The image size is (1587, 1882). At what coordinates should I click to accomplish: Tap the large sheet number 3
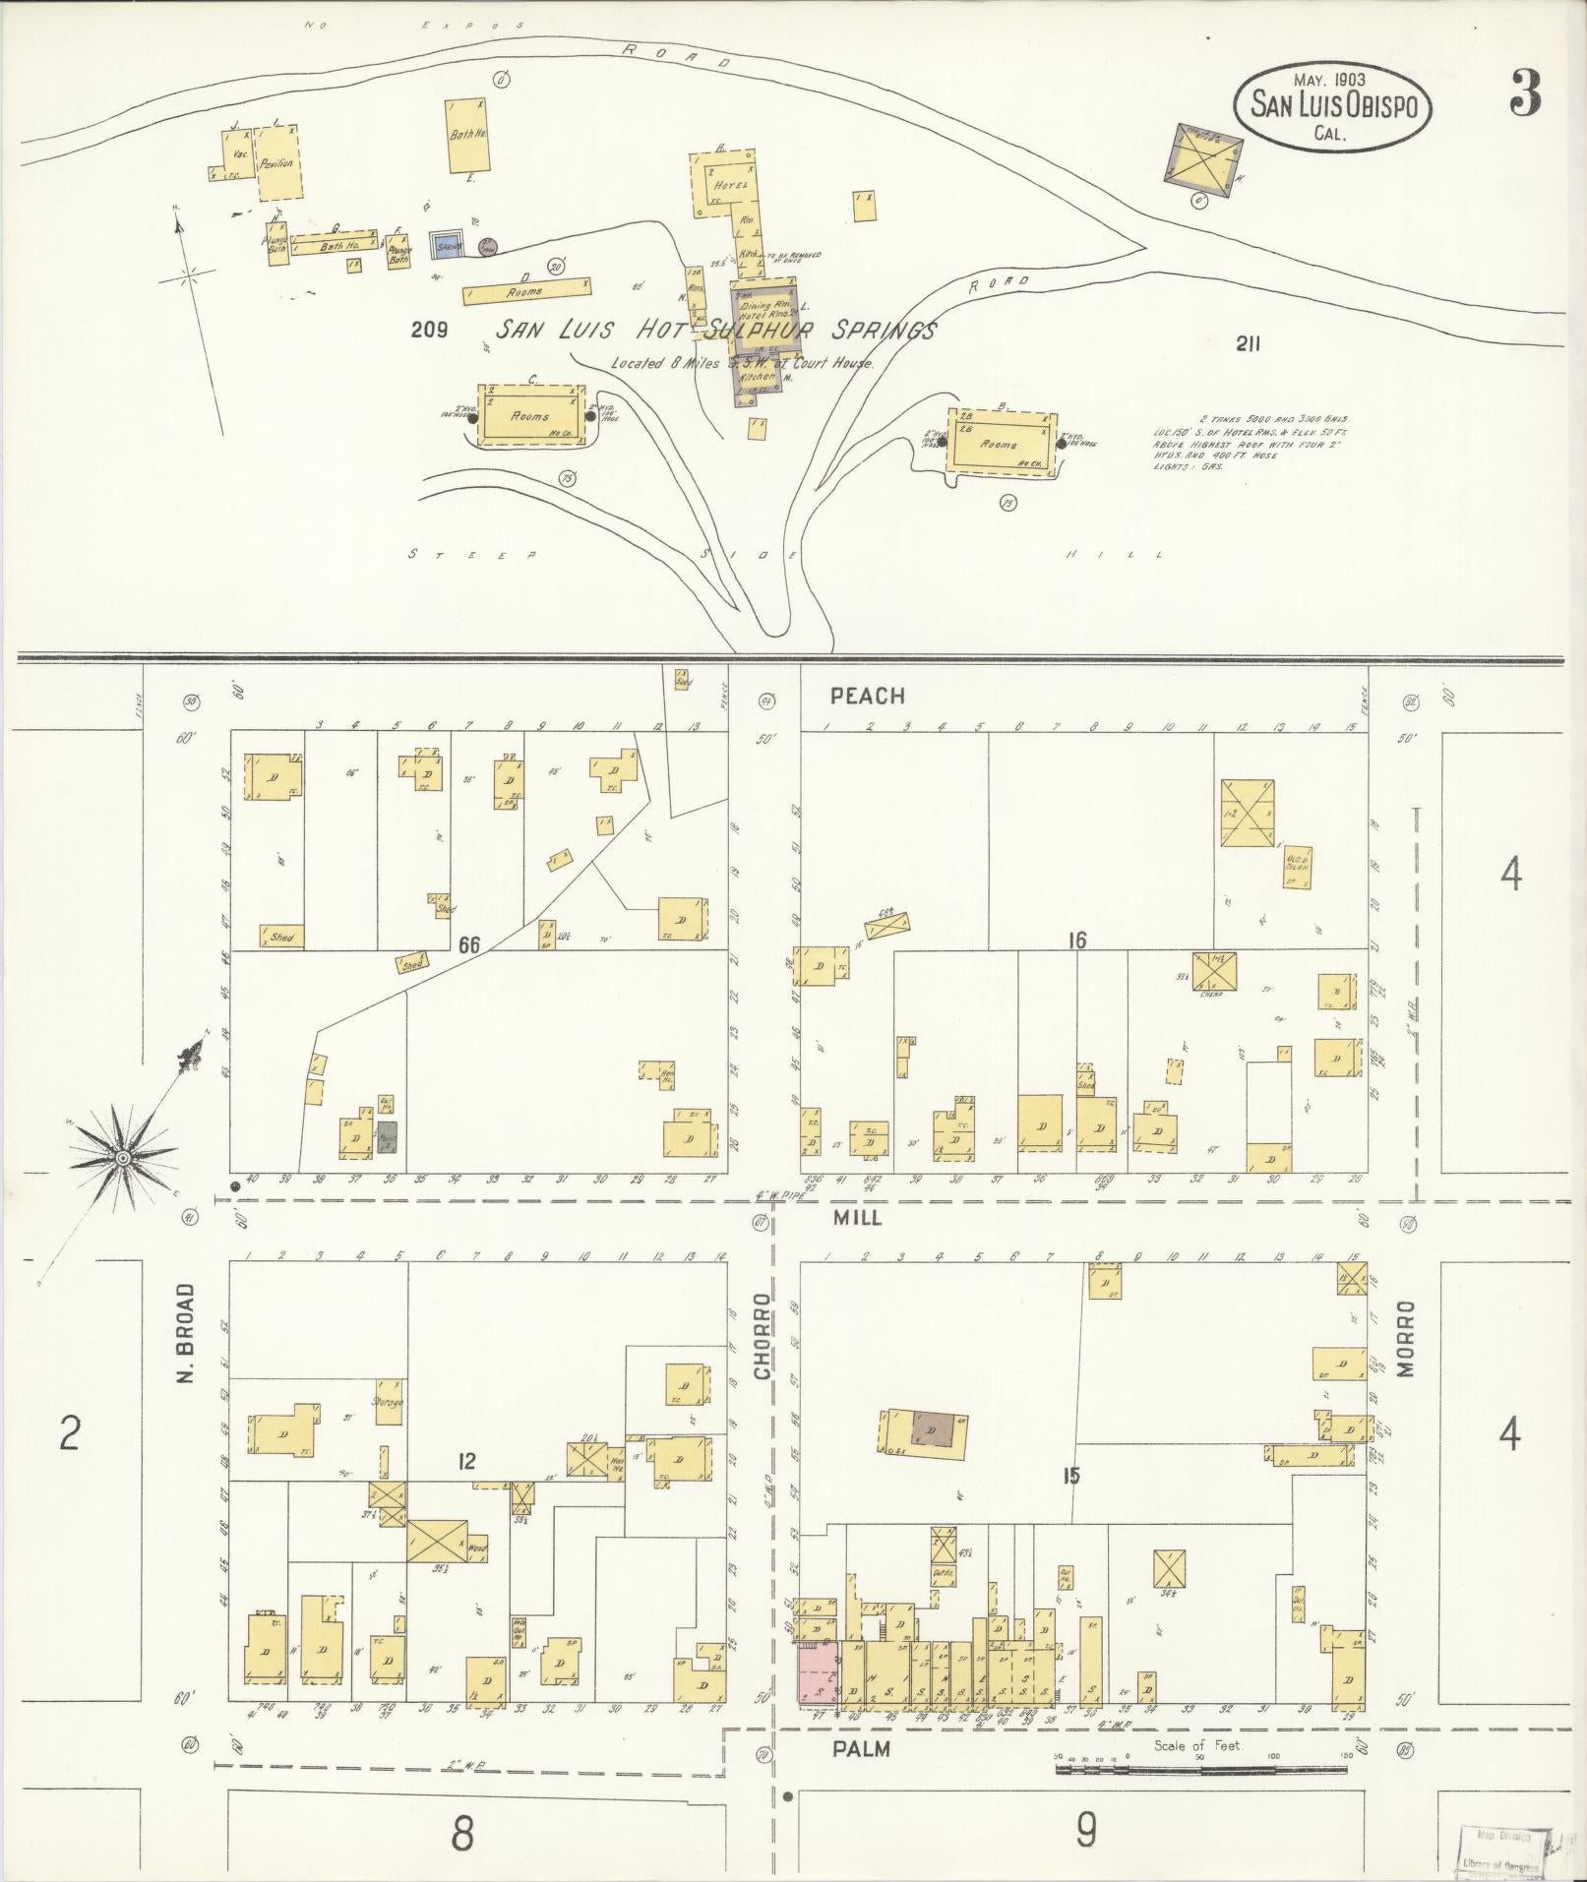pos(1522,93)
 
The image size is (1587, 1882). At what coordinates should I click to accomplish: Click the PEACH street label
pos(866,697)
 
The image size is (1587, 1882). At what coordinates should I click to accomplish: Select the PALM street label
pos(861,1749)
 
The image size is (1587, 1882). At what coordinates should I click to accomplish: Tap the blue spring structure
pos(448,245)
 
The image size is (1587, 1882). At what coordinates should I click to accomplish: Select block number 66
pos(468,944)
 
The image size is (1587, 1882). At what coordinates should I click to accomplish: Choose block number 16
pos(1076,941)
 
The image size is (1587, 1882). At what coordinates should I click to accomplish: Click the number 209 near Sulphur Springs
pos(429,331)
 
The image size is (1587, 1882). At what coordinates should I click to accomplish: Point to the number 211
pos(1246,344)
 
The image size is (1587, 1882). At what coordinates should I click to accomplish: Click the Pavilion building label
pos(276,163)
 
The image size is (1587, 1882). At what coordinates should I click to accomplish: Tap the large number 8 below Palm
pos(462,1833)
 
